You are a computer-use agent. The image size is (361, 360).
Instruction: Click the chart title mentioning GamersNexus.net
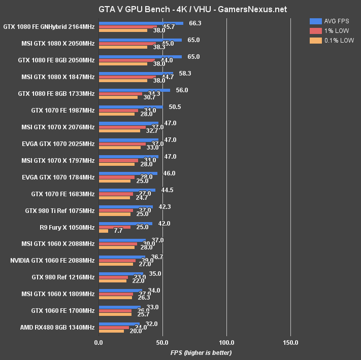click(180, 9)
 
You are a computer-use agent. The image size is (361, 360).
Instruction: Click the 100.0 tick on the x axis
click(227, 343)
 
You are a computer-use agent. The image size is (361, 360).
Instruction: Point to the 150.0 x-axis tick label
click(291, 343)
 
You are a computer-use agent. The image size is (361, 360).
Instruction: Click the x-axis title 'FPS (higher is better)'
click(201, 352)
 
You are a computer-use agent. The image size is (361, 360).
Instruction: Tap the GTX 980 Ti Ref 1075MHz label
click(60, 210)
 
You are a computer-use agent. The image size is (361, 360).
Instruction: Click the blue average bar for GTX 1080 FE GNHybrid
click(141, 23)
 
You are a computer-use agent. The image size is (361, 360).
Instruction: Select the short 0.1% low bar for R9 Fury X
click(104, 231)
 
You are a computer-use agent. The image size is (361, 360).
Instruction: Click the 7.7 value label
click(118, 231)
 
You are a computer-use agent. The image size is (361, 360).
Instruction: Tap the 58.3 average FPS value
click(185, 74)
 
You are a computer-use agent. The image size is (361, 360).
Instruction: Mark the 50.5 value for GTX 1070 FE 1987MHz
click(175, 107)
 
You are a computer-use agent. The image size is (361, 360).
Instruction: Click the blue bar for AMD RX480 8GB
click(119, 323)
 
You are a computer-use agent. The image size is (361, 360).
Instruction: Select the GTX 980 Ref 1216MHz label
click(63, 277)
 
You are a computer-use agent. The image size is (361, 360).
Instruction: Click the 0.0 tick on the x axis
click(99, 343)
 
